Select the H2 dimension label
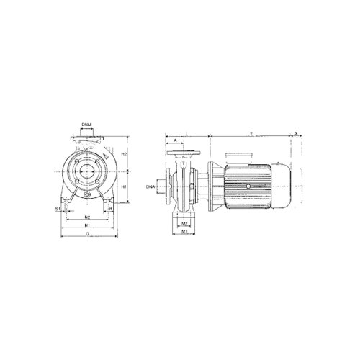coord(124,154)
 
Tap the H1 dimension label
coord(124,187)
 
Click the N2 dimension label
coord(86,216)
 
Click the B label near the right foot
coord(109,210)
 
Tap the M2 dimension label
coord(185,224)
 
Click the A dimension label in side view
coord(176,141)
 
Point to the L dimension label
coord(187,133)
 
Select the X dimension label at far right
coord(297,133)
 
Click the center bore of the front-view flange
coord(86,173)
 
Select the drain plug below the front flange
coord(86,194)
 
